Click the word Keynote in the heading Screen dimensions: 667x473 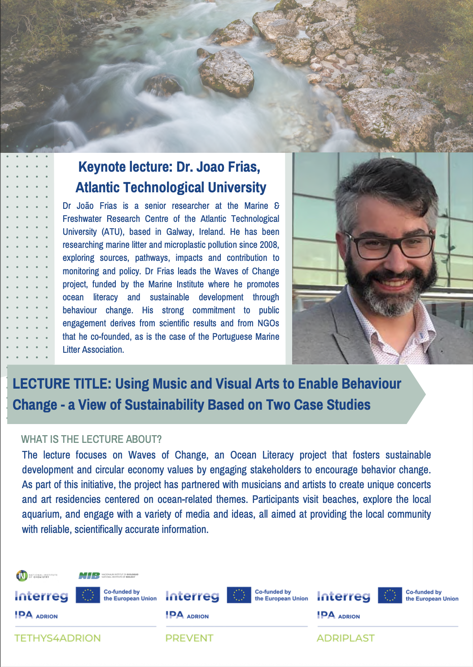pyautogui.click(x=101, y=167)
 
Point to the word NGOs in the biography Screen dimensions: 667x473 pyautogui.click(x=268, y=323)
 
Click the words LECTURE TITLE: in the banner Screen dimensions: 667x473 pyautogui.click(x=61, y=384)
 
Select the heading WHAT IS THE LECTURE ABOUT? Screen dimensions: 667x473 pyautogui.click(x=92, y=439)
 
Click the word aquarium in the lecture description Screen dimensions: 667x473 pyautogui.click(x=42, y=514)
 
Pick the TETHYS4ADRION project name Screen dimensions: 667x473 pyautogui.click(x=57, y=638)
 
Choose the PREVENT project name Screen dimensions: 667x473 pyautogui.click(x=189, y=638)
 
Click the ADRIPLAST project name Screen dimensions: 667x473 pyautogui.click(x=345, y=638)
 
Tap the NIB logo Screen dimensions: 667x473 pyautogui.click(x=89, y=576)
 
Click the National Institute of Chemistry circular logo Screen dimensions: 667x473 pyautogui.click(x=22, y=576)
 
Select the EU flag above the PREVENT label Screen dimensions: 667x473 pyautogui.click(x=238, y=595)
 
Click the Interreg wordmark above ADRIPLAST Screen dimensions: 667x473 pyautogui.click(x=343, y=596)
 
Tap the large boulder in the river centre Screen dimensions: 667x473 pyautogui.click(x=226, y=72)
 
